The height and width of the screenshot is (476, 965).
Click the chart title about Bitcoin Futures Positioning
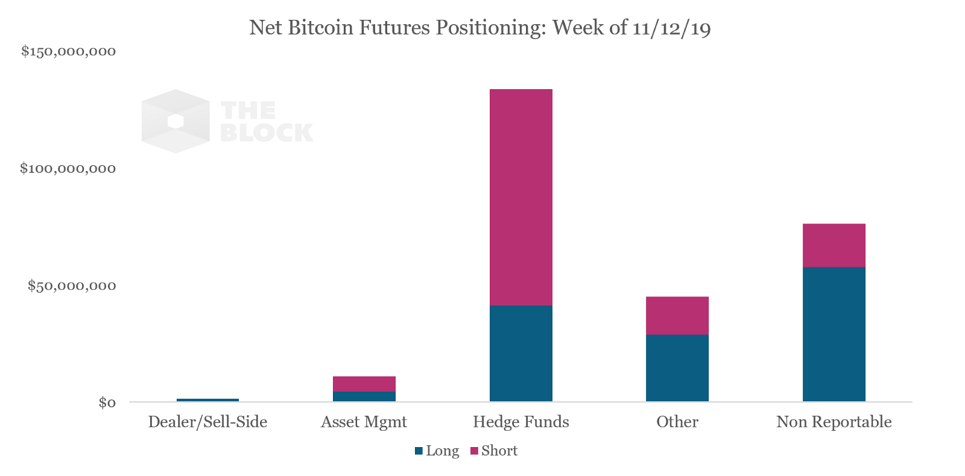pos(479,28)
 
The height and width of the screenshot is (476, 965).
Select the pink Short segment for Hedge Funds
pos(520,197)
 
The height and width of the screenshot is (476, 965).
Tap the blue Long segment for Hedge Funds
pos(520,353)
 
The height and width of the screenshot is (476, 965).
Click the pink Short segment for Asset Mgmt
pos(364,384)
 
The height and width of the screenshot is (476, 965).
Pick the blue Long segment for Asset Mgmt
pos(364,396)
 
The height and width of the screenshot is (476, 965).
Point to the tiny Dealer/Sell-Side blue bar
pos(207,399)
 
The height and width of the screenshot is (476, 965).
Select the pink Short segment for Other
pos(677,315)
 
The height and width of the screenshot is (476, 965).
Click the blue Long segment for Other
pos(677,368)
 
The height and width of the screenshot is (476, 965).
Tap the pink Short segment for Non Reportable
pos(834,245)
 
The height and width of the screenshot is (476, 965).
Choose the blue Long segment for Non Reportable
pos(834,334)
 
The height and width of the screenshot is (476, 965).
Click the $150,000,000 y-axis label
pos(68,51)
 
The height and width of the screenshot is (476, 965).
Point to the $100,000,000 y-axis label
pos(68,168)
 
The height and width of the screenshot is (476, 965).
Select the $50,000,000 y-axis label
pos(71,286)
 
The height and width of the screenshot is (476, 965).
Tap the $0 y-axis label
pos(107,402)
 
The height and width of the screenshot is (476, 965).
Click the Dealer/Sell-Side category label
pos(207,422)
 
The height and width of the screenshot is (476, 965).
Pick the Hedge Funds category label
pos(520,422)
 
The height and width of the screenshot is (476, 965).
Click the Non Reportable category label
pos(834,422)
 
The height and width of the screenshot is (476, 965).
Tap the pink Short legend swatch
pos(474,451)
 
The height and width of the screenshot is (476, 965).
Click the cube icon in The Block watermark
pos(176,121)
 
